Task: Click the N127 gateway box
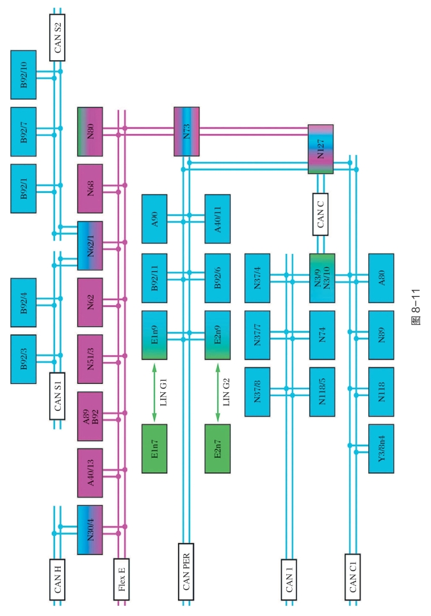[x=320, y=149]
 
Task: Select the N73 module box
[x=187, y=131]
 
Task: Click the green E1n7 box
[x=154, y=449]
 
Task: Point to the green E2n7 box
[x=218, y=449]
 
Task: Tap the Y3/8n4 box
[x=382, y=448]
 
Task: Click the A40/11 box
[x=218, y=219]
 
